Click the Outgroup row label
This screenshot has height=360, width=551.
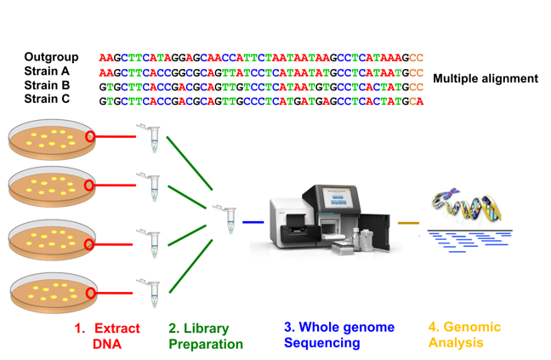coord(51,57)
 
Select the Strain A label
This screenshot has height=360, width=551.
coord(47,71)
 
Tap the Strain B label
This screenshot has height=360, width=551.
coord(47,86)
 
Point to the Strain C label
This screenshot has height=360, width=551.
coord(47,100)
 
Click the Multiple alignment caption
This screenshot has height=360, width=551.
coord(485,78)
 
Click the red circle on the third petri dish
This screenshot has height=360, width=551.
coord(89,244)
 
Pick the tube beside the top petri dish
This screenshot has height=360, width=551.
coord(152,137)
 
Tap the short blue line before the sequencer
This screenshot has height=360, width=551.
coord(253,222)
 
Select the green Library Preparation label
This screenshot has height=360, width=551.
coord(205,336)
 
